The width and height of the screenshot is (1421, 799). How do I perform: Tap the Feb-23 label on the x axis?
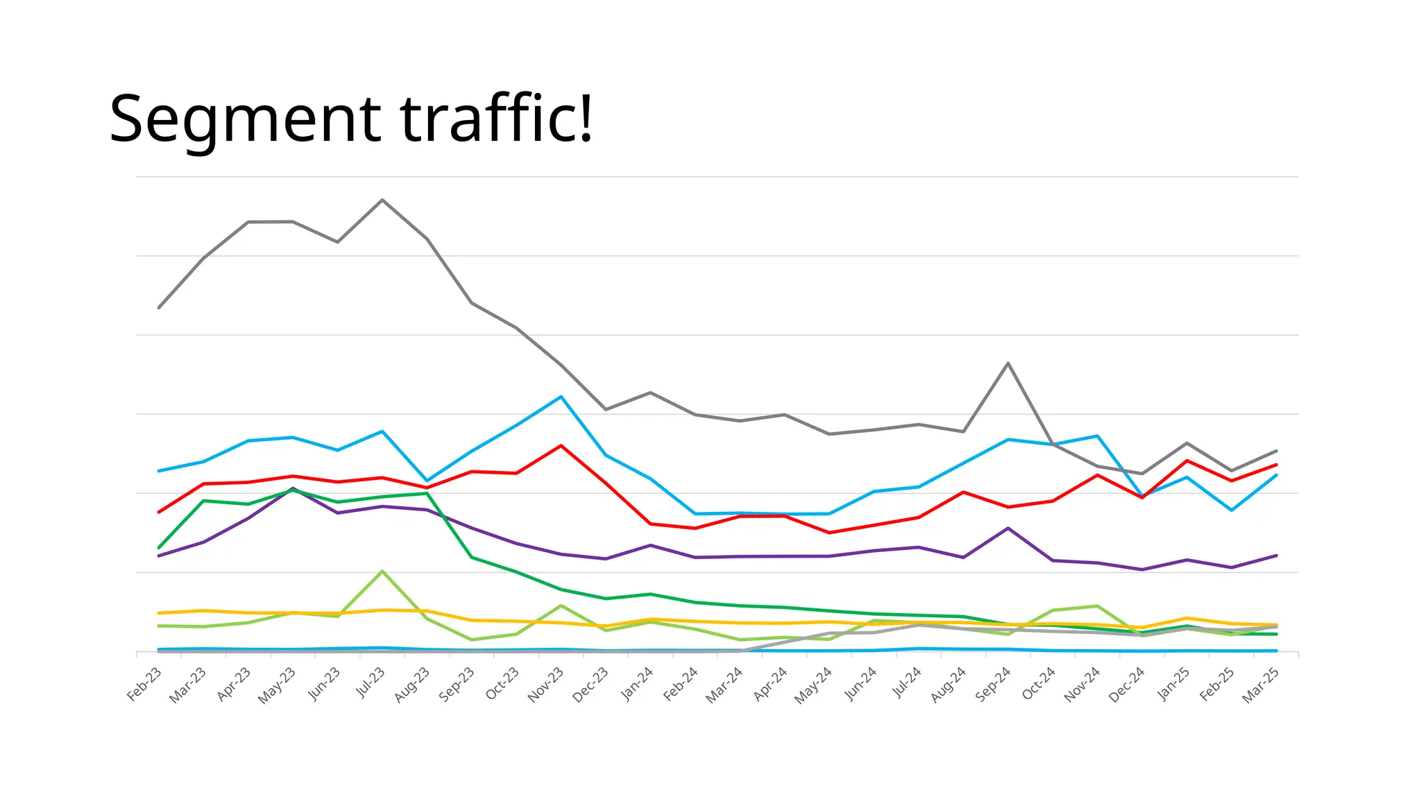click(144, 684)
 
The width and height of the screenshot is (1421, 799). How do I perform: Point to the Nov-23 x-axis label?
click(546, 685)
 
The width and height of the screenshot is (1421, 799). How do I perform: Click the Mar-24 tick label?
click(724, 685)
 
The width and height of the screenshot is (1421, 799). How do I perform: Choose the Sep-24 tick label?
click(993, 685)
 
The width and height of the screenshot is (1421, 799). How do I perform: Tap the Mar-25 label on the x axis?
click(1261, 685)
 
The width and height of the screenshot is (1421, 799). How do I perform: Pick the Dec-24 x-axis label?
click(1127, 685)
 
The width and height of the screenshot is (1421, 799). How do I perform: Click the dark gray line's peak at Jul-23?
click(382, 200)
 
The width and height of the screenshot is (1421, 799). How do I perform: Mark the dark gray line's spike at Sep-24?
click(1008, 363)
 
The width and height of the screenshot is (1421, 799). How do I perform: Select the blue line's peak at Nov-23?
click(561, 397)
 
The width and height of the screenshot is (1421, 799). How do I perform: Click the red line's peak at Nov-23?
click(561, 445)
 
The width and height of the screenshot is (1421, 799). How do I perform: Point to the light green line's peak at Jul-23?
click(382, 571)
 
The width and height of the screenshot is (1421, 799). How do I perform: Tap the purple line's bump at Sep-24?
click(1008, 528)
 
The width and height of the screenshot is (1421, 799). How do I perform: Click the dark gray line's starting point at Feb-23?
click(159, 307)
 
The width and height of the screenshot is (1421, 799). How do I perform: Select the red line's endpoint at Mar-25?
click(1276, 465)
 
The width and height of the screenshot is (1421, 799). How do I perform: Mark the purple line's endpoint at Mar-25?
click(1276, 555)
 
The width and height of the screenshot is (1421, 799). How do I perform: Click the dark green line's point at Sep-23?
click(472, 557)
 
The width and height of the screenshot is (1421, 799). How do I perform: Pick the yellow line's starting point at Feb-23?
click(159, 613)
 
